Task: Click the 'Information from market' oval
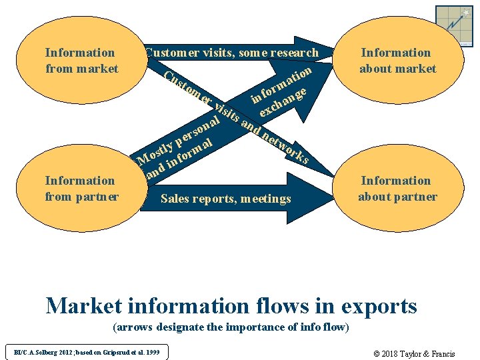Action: tap(81, 61)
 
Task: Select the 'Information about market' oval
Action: tap(397, 61)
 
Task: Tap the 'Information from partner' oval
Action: tap(81, 189)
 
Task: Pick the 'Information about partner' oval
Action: tap(397, 189)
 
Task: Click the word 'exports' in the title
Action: tap(379, 306)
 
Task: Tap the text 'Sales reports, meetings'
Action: tap(226, 198)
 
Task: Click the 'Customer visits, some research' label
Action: tap(231, 53)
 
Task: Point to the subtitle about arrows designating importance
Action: tap(231, 327)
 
